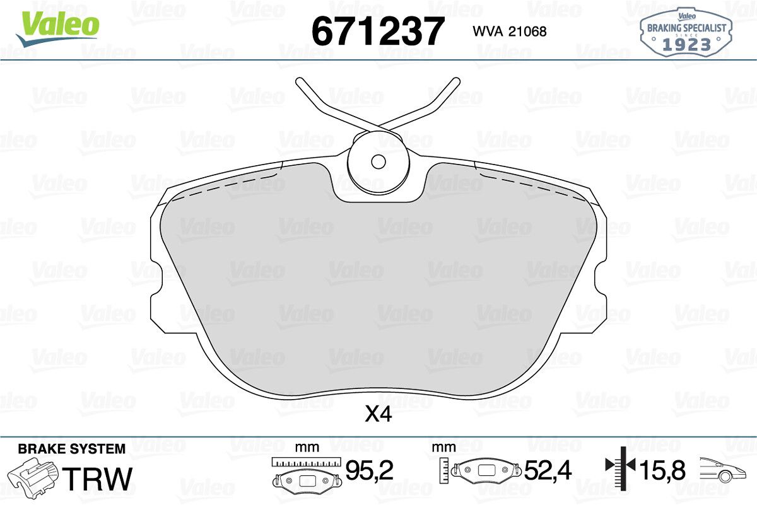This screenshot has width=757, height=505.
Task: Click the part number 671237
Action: point(377,31)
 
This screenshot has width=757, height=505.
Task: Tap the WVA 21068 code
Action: point(510,32)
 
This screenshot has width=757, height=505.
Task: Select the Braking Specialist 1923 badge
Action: point(686,32)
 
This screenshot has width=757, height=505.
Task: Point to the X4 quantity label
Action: point(378,414)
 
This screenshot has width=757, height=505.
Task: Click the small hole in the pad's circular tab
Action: point(378,162)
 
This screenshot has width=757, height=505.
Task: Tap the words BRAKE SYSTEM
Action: point(72,449)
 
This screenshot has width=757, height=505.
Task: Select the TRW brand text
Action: point(97,479)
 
